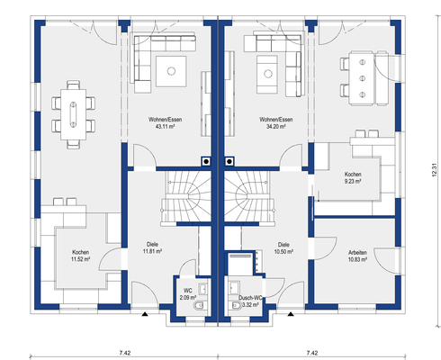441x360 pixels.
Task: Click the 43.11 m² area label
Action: tap(165, 127)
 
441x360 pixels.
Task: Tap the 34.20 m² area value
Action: tap(276, 127)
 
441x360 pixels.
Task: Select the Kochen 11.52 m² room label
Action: tap(81, 256)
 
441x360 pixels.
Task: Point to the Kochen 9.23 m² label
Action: tap(353, 177)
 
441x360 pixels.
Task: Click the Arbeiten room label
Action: tap(357, 253)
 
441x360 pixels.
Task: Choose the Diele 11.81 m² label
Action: tap(152, 247)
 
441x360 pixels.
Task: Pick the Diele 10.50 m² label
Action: tap(283, 248)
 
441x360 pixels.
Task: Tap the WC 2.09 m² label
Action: tap(188, 294)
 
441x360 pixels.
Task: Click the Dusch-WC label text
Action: tap(250, 298)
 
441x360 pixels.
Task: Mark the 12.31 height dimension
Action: tap(434, 170)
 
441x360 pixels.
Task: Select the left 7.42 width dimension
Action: tap(125, 353)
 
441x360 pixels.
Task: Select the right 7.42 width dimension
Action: tap(312, 353)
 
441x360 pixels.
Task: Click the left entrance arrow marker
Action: tap(145, 314)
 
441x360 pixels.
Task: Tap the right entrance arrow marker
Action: tap(291, 314)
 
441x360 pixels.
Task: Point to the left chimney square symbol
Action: tap(206, 161)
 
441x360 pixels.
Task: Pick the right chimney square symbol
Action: tap(229, 161)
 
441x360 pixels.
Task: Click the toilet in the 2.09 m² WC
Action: tap(199, 306)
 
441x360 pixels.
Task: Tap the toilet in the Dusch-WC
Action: tap(236, 305)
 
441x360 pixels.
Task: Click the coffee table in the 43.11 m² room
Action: tap(171, 71)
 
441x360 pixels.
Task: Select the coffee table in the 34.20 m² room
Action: tap(267, 74)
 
